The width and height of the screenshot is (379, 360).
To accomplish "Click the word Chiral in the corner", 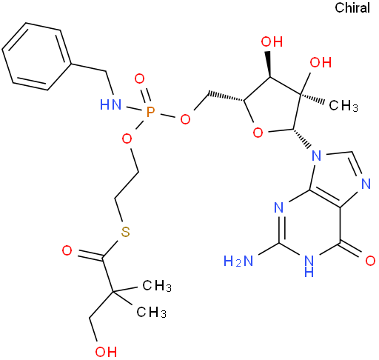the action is coord(352,8).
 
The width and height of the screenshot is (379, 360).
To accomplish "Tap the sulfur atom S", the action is coord(125,232).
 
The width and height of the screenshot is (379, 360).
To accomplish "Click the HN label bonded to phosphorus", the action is coord(110,105).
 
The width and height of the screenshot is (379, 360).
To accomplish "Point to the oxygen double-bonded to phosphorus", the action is coord(139,79).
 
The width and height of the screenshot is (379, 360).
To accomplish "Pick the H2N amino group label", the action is coord(238,261).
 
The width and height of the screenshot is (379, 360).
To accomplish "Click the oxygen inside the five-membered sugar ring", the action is coord(258,133).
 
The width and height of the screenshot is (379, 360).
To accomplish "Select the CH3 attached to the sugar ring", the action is coord(343,107).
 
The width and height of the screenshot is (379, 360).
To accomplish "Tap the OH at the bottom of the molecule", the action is coord(106,352).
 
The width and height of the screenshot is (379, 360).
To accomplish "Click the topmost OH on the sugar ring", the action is coord(272,41).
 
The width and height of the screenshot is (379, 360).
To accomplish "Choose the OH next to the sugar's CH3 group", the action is coord(321,62).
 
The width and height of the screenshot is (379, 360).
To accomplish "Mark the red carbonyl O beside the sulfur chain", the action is coord(67,250).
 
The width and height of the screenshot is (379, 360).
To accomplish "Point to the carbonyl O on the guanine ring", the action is coord(370,261).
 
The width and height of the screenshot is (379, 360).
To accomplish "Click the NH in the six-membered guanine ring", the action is coord(309,266).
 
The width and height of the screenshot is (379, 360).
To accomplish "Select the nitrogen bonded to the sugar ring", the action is coord(317,156).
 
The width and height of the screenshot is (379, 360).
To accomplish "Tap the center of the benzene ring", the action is coord(37,56).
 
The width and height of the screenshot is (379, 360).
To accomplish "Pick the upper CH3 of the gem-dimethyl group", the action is coord(157,286).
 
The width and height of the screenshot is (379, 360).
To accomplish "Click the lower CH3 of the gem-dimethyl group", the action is coord(152,312).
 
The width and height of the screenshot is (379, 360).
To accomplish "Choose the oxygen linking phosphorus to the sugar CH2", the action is coord(185,120).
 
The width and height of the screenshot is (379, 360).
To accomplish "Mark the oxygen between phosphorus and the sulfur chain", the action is coord(127,139).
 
